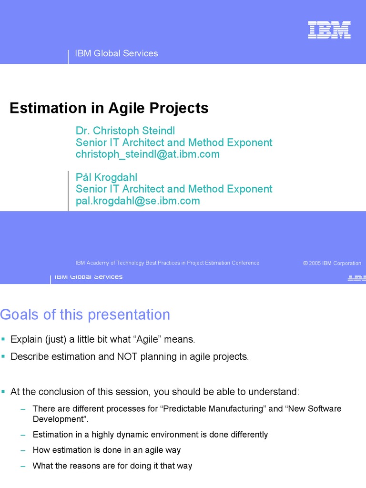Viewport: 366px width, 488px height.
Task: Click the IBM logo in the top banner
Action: pos(329,30)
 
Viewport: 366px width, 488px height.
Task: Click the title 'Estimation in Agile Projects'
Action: pos(109,108)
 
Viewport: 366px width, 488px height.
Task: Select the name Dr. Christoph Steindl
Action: pos(125,131)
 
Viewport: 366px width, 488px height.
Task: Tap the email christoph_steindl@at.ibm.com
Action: pos(148,154)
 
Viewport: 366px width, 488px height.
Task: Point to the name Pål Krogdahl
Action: pos(106,177)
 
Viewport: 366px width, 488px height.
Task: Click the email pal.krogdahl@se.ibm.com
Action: pos(138,201)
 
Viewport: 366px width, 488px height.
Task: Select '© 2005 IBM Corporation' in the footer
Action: pos(332,263)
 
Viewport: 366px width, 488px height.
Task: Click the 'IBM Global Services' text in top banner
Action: pos(116,53)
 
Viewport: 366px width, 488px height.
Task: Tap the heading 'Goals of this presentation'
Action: pos(85,315)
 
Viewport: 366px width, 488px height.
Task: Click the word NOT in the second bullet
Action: pos(127,356)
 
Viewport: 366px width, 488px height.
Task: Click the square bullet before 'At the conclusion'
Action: pos(3,392)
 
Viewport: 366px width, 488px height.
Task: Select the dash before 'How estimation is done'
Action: pos(23,450)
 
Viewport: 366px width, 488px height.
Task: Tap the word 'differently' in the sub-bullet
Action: pos(249,435)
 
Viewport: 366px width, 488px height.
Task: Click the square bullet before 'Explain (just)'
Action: pos(3,339)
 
